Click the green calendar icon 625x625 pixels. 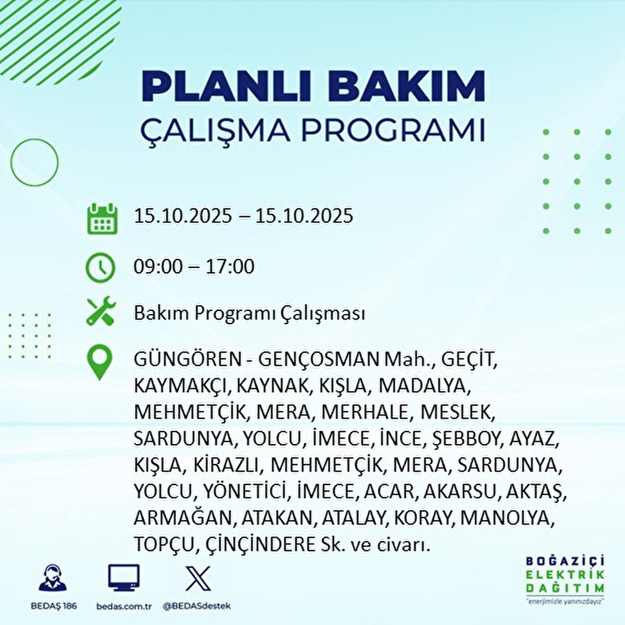[102, 219]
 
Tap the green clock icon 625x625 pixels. [100, 268]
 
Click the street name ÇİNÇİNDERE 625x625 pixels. [260, 545]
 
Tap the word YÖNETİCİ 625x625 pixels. [246, 492]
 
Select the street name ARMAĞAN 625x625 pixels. [184, 518]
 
